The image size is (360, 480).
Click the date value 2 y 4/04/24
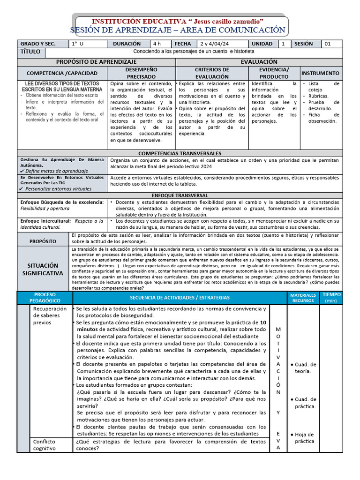(213, 44)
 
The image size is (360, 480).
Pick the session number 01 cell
(328, 44)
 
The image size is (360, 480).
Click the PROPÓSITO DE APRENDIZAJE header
(96, 61)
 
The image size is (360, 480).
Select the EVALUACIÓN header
(259, 61)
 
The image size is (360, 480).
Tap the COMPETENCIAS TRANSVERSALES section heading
(180, 153)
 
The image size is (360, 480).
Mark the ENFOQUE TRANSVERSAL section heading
(180, 195)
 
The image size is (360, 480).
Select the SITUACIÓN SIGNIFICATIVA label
(43, 269)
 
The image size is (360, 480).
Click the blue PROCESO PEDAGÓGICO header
(45, 297)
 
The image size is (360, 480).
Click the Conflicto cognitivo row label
(44, 444)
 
